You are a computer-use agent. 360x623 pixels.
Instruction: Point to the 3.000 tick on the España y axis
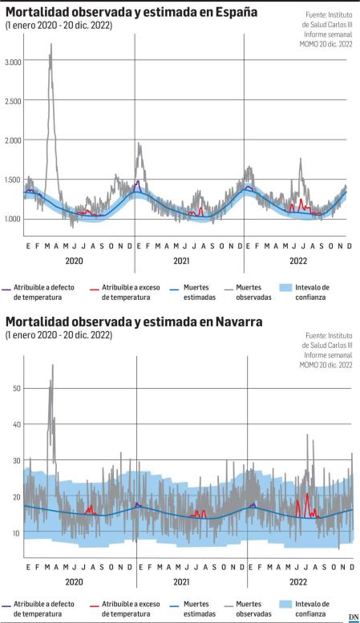(x=13, y=61)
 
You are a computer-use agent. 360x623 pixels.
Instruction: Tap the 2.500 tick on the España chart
(x=13, y=101)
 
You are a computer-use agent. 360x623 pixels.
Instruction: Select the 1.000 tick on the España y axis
(x=13, y=219)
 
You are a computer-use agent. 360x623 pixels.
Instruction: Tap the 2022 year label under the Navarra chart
(x=298, y=581)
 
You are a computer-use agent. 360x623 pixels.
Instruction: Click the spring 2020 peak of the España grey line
(x=51, y=47)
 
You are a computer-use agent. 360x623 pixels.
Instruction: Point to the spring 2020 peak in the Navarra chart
(x=52, y=366)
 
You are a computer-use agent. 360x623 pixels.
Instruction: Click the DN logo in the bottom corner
(x=352, y=617)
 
